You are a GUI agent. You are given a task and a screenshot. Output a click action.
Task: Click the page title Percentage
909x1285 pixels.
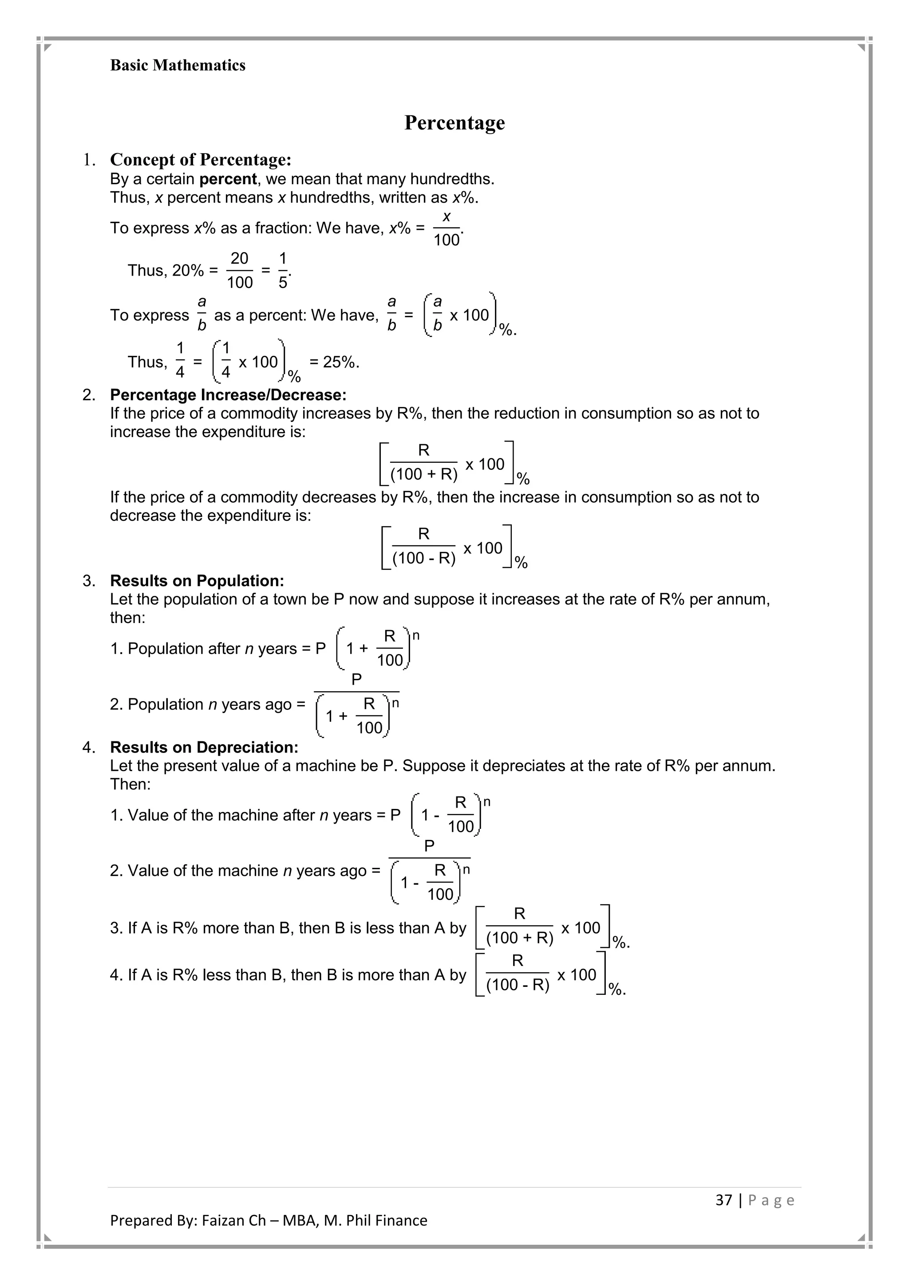(454, 122)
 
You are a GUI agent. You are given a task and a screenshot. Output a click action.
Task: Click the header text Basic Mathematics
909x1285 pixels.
(178, 66)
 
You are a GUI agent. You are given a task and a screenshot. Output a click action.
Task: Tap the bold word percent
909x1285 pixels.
(228, 179)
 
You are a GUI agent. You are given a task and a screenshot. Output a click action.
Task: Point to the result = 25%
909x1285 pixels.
(334, 362)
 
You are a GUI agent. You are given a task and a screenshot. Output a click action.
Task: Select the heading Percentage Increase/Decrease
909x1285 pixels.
(228, 395)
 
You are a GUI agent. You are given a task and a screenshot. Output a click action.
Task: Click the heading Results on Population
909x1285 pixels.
(197, 580)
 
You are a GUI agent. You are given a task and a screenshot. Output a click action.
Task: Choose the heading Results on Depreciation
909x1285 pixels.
(204, 747)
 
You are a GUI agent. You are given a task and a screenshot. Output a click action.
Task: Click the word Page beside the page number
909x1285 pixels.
(771, 1200)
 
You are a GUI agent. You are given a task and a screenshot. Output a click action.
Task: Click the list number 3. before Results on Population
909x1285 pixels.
(89, 580)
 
